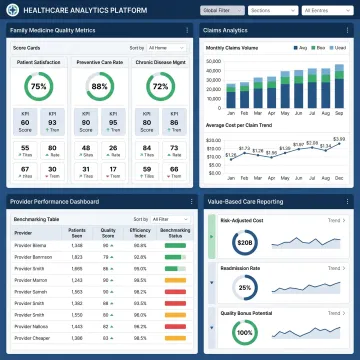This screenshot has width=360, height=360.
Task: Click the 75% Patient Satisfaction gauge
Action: click(38, 87)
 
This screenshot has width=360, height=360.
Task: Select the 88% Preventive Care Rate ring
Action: click(99, 87)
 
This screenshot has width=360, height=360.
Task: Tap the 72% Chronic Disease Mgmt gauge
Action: click(159, 87)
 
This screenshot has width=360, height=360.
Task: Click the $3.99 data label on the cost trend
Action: click(339, 139)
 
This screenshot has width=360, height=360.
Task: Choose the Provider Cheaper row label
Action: click(28, 338)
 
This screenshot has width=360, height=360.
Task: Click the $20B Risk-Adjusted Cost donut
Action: click(244, 243)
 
